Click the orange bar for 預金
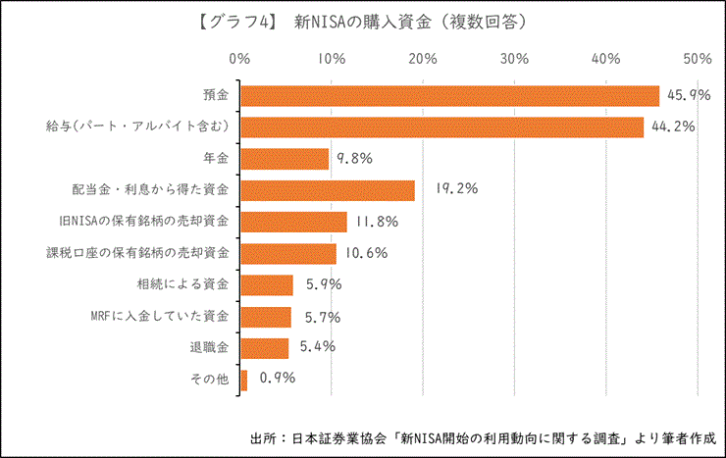click(449, 95)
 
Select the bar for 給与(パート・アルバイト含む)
click(441, 127)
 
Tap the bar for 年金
click(285, 158)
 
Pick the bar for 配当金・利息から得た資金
click(327, 189)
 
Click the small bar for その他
click(244, 380)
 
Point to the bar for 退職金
click(265, 348)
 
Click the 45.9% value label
click(686, 95)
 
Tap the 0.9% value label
click(277, 377)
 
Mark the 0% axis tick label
click(239, 59)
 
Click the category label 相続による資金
click(183, 284)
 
